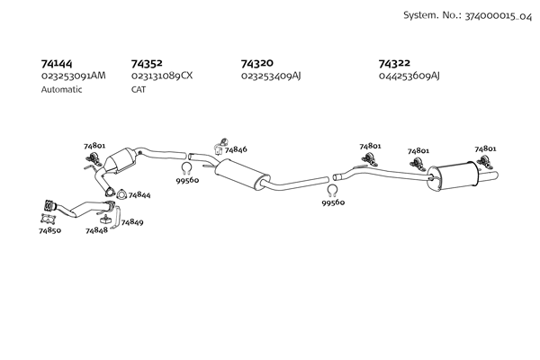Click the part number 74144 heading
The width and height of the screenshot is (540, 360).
pos(58,64)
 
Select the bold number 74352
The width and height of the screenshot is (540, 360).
pos(147,64)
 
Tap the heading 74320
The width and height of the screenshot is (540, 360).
pos(257,64)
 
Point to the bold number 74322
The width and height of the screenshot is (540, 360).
pos(395,64)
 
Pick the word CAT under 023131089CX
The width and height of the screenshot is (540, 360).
pos(139,89)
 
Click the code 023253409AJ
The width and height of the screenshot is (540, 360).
pos(271,76)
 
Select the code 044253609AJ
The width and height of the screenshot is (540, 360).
pos(409,76)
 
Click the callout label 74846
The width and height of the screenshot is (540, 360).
pos(236,149)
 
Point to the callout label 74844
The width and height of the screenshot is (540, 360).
pos(139,194)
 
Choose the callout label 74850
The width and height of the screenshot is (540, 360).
pos(49,231)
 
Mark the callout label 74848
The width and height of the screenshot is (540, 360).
pos(96,230)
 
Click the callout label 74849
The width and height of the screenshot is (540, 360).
pos(131,221)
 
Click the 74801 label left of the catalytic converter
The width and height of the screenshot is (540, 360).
pos(94,146)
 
